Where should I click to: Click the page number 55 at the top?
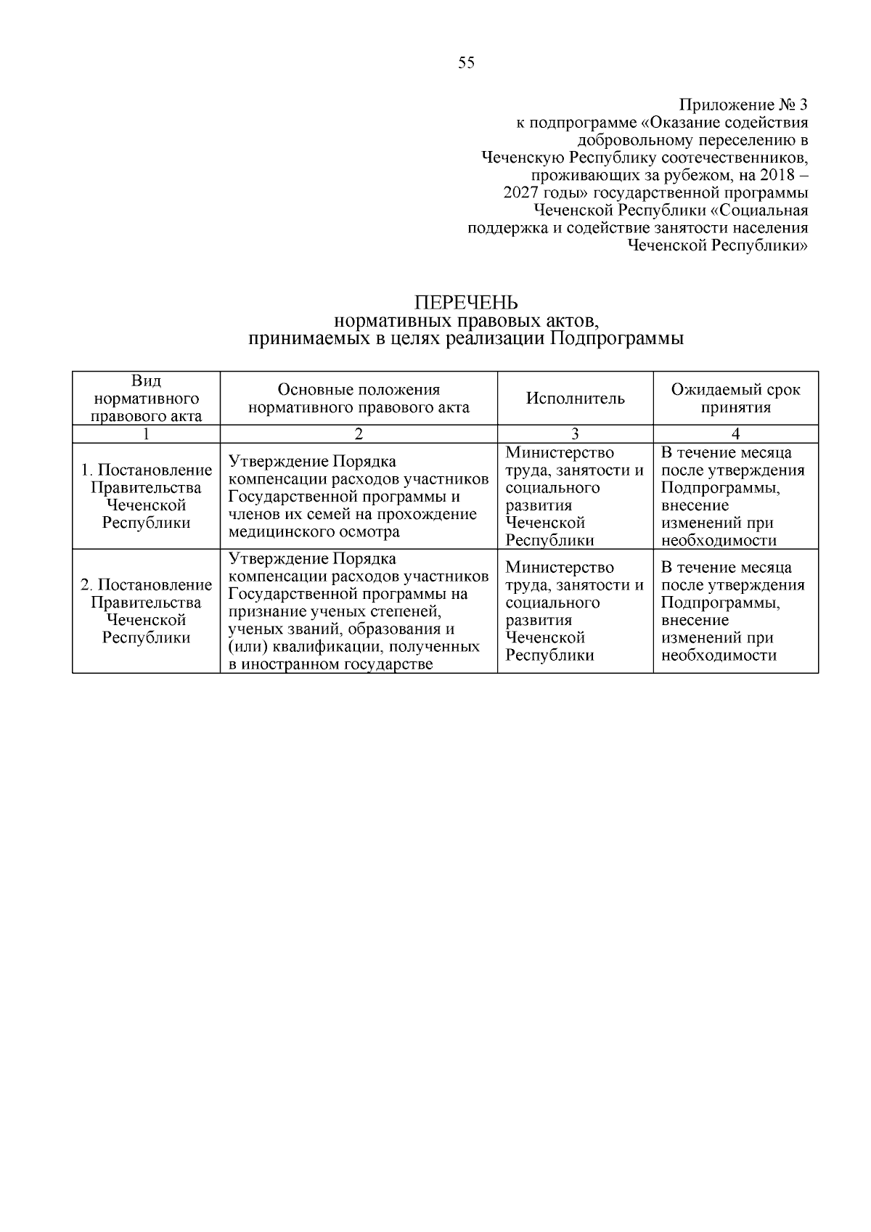click(467, 63)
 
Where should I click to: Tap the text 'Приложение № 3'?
click(743, 104)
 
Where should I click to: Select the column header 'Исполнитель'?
click(575, 399)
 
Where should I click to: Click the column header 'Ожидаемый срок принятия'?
click(735, 399)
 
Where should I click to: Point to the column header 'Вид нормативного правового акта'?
click(147, 399)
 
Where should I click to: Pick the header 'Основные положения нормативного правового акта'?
click(359, 399)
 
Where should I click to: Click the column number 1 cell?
click(147, 434)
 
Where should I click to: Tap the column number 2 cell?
click(359, 434)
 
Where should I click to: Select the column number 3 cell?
click(575, 434)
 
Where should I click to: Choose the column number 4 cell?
click(735, 434)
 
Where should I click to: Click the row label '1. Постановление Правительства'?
click(147, 479)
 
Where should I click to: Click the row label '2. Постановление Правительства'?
click(147, 594)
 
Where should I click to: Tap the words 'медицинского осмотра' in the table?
click(314, 532)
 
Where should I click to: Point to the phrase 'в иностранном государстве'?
click(330, 664)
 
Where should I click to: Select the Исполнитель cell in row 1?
click(575, 497)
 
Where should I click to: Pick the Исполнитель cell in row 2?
click(575, 611)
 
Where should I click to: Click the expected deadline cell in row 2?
click(733, 611)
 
